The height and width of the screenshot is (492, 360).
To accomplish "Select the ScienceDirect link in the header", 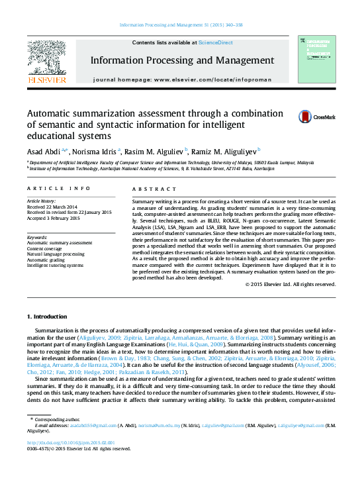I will (216, 42).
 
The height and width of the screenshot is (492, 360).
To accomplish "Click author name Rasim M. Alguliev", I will (157, 151).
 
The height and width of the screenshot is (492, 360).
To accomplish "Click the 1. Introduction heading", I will (51, 317).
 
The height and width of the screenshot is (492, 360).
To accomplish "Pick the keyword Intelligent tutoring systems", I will (55, 265).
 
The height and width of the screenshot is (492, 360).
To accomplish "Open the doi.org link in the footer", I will (70, 443).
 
